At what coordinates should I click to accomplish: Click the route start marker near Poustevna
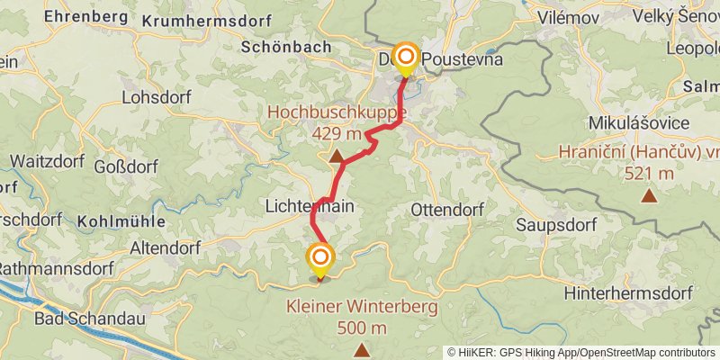point(406,58)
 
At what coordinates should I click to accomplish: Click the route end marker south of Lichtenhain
point(319,259)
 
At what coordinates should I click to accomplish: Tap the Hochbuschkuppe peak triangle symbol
point(337,157)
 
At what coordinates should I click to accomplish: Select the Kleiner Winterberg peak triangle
point(361,349)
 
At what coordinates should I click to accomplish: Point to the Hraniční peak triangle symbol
point(648,194)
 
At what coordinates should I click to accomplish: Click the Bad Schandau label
point(77,319)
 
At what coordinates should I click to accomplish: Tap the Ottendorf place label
point(446,209)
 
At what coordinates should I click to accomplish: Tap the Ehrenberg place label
point(84,16)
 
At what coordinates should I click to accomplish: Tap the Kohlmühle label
point(121,220)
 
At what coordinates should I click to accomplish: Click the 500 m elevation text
point(362,328)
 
